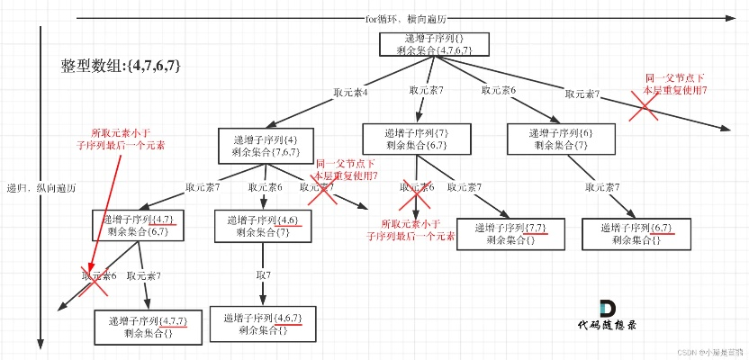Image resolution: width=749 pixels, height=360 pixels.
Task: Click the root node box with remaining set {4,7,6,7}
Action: click(x=435, y=46)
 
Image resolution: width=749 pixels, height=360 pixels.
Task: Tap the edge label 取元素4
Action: click(x=349, y=92)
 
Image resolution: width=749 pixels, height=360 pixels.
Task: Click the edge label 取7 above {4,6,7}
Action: click(x=263, y=273)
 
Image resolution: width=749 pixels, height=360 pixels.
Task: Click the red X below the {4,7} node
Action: click(x=95, y=281)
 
